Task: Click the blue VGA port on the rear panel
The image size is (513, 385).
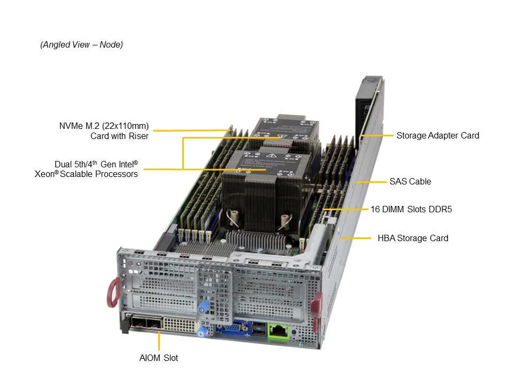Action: tap(230, 328)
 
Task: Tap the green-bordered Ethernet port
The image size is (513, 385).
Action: tap(278, 330)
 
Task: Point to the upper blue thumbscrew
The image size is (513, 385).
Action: tap(202, 309)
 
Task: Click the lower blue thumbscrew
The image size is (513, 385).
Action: tap(201, 332)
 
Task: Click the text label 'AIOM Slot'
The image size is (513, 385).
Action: tap(159, 358)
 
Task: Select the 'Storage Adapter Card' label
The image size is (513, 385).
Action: tap(438, 135)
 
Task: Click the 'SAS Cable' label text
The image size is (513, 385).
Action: tap(410, 181)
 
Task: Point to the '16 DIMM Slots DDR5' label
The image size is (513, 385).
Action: tap(411, 209)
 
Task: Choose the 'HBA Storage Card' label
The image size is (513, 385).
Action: tap(413, 238)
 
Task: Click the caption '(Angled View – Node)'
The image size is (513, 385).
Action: tap(82, 45)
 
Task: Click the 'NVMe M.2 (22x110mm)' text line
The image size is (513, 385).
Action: tap(104, 126)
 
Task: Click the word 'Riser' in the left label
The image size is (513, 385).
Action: tap(137, 136)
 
